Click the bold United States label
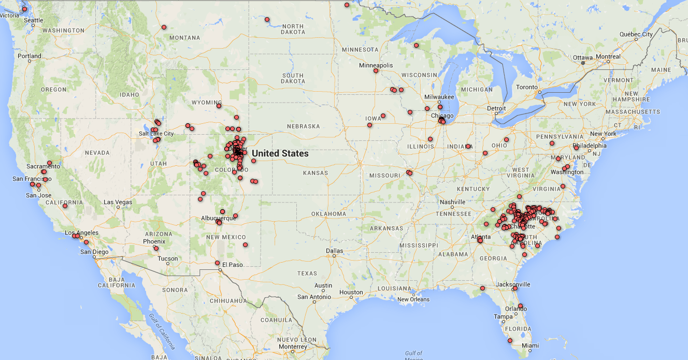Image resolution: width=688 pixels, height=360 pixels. (x=280, y=153)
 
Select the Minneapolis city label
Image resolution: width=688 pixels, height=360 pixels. (x=376, y=65)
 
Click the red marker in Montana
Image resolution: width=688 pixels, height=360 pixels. (x=164, y=27)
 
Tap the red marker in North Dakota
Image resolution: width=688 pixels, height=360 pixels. (x=267, y=20)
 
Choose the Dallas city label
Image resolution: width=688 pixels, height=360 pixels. (x=334, y=251)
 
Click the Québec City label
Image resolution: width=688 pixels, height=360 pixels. (x=636, y=34)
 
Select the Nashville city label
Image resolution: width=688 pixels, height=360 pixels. (x=452, y=202)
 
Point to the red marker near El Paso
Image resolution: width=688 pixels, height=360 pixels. (x=218, y=263)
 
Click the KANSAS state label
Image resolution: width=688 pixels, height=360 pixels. (x=316, y=172)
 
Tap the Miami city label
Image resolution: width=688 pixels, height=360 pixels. (x=530, y=345)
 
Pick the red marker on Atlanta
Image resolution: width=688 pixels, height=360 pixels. (x=480, y=240)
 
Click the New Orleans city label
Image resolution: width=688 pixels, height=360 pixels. (x=413, y=299)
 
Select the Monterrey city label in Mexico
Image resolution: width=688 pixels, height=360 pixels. (x=293, y=347)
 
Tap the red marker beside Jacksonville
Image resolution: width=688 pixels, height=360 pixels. (x=515, y=289)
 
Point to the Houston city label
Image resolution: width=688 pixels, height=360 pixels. (x=351, y=292)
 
